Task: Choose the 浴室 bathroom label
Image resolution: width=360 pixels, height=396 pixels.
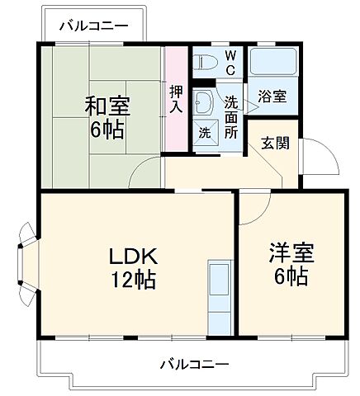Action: (273, 96)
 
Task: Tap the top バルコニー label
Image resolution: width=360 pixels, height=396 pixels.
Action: (93, 26)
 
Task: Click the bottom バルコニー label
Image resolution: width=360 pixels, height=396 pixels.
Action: (194, 364)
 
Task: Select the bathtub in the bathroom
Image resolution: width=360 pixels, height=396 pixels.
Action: (272, 61)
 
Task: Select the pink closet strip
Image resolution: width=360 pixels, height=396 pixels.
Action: (176, 99)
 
